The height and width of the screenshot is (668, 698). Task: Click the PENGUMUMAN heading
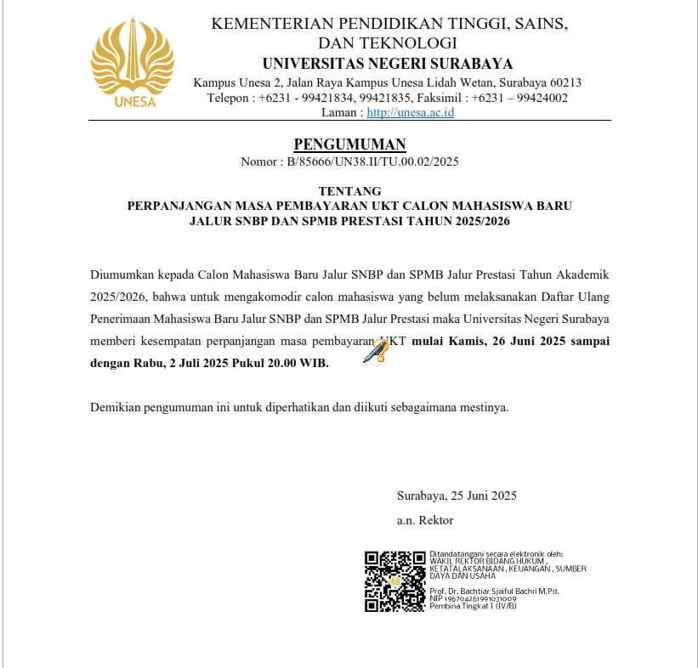tap(349, 144)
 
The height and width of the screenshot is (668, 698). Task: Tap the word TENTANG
tap(349, 190)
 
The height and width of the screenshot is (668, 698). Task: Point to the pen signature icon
tap(375, 349)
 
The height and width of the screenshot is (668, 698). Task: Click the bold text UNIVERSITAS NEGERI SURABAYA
tap(388, 64)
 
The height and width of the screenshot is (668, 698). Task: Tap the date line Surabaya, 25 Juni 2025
tap(457, 495)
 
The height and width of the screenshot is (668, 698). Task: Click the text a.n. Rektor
tap(425, 520)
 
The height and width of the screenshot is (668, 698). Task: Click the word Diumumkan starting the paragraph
tap(120, 275)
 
